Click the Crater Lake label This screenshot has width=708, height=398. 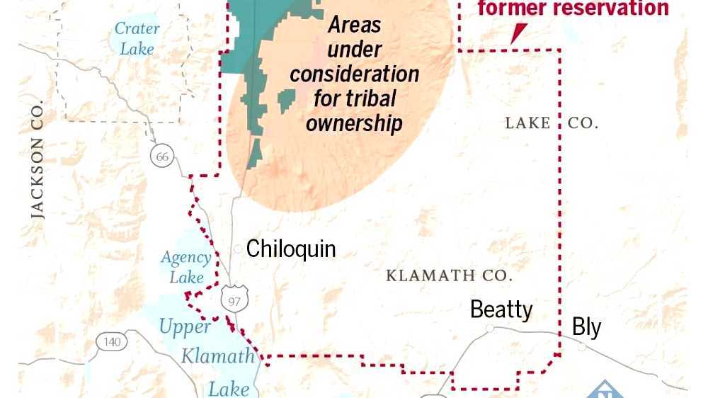137,39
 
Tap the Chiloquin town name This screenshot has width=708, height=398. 290,249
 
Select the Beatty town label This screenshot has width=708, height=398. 501,309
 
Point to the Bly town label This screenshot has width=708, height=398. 586,327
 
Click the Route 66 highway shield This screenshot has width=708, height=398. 163,157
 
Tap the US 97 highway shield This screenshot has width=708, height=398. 234,300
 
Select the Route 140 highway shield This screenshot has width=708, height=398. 111,342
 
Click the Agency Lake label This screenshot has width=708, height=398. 186,267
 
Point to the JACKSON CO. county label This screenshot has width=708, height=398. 38,159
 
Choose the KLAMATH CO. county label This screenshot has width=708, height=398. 449,275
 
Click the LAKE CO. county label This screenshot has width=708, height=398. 551,123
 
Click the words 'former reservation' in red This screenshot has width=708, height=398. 573,8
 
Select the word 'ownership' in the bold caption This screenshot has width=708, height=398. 353,123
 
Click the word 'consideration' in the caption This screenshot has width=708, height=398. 354,74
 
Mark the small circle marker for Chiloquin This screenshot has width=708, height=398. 238,249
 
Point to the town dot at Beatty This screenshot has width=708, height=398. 489,329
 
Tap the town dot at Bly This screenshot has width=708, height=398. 581,347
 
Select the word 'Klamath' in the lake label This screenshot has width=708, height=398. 217,356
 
